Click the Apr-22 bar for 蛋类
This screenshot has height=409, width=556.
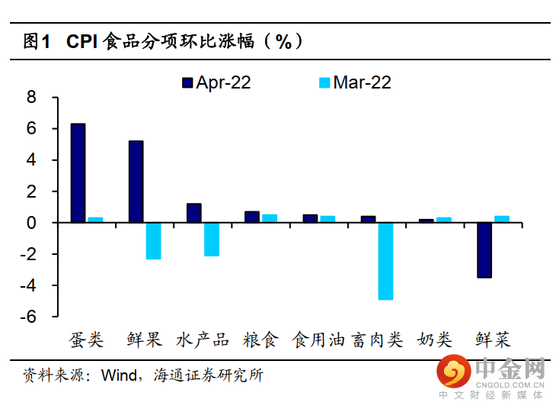click(78, 173)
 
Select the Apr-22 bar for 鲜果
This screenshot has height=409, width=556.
click(136, 182)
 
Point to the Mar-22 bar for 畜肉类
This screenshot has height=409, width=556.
click(385, 261)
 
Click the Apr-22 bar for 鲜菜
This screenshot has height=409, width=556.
click(484, 250)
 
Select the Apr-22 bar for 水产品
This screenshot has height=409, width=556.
click(194, 213)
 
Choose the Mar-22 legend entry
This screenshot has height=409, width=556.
click(354, 82)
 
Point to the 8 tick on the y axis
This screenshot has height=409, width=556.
click(31, 98)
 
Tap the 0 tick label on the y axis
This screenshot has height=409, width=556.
click(31, 223)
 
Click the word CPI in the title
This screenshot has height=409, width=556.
click(81, 41)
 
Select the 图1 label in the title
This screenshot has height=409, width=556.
click(37, 41)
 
